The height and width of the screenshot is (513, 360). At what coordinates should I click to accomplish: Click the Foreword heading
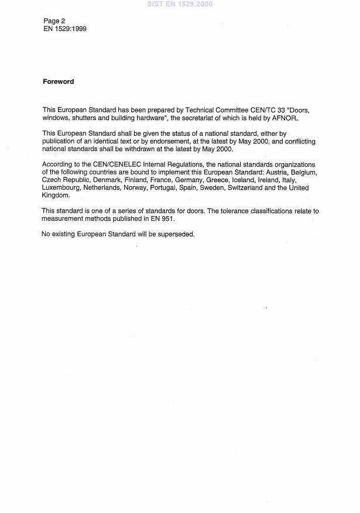tap(58, 82)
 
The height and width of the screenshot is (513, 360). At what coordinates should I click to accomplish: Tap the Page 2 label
tap(54, 21)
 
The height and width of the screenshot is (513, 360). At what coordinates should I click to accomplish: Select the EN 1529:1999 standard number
tap(64, 28)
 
